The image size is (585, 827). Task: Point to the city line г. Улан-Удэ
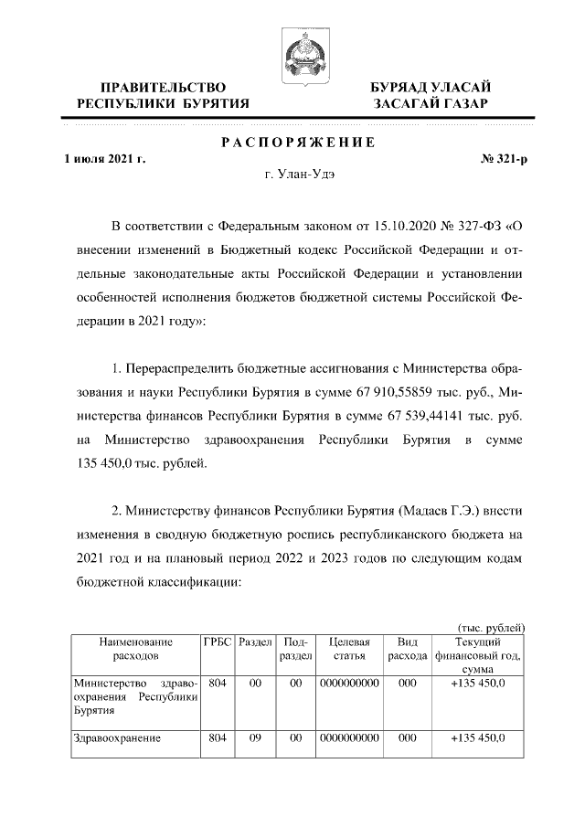[296, 175]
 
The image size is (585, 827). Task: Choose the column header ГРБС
[217, 642]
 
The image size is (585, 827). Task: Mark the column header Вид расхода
[408, 649]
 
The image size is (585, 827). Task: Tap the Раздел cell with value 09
[255, 738]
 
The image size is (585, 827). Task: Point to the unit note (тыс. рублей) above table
[489, 627]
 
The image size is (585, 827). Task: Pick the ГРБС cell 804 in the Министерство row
[217, 683]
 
